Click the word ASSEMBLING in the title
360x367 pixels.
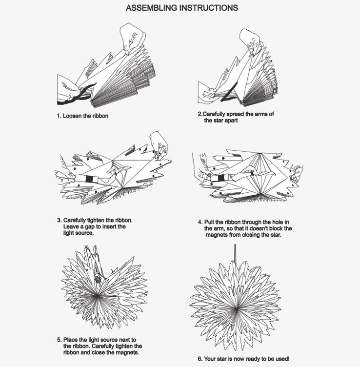click(151, 8)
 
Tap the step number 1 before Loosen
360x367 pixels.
click(59, 116)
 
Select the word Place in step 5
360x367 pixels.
click(70, 340)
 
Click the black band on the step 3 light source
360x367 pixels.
click(89, 179)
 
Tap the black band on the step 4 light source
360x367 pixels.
click(221, 179)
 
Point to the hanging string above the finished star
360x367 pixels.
click(235, 254)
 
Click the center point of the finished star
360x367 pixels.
click(237, 309)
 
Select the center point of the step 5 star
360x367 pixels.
click(98, 296)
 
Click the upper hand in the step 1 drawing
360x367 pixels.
click(132, 39)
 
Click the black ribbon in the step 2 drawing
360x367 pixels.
click(229, 92)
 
